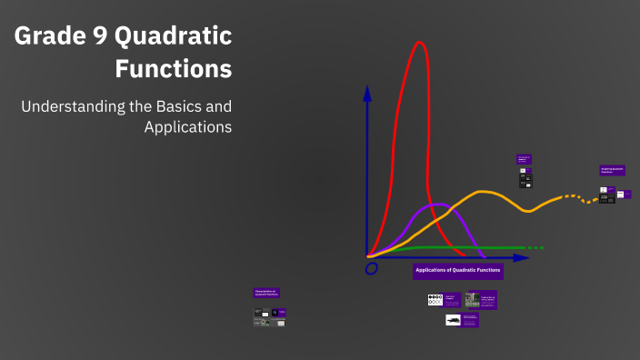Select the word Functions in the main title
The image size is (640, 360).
point(174,68)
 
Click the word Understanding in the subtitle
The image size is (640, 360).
point(72,106)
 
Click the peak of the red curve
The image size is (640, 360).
point(419,44)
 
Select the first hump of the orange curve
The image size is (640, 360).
point(484,192)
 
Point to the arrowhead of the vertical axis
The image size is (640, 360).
point(367,92)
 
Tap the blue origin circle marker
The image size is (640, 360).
point(371,269)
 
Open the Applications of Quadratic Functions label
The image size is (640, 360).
point(458,270)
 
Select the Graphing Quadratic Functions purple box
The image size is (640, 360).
point(612,170)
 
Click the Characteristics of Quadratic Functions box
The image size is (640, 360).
point(266,293)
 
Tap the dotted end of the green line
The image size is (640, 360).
point(536,247)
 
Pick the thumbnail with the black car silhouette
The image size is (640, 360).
point(453,320)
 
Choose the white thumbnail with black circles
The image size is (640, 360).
point(435,299)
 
